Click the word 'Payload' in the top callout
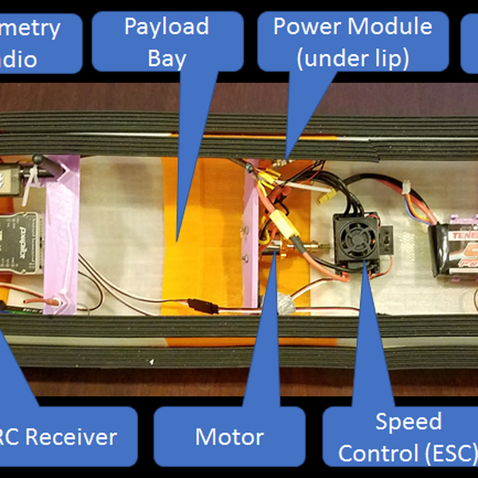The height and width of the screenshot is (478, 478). (166, 26)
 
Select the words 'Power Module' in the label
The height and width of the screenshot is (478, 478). (352, 26)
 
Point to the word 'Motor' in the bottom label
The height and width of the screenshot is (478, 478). (229, 437)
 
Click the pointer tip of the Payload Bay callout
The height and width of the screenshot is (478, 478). (177, 239)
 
